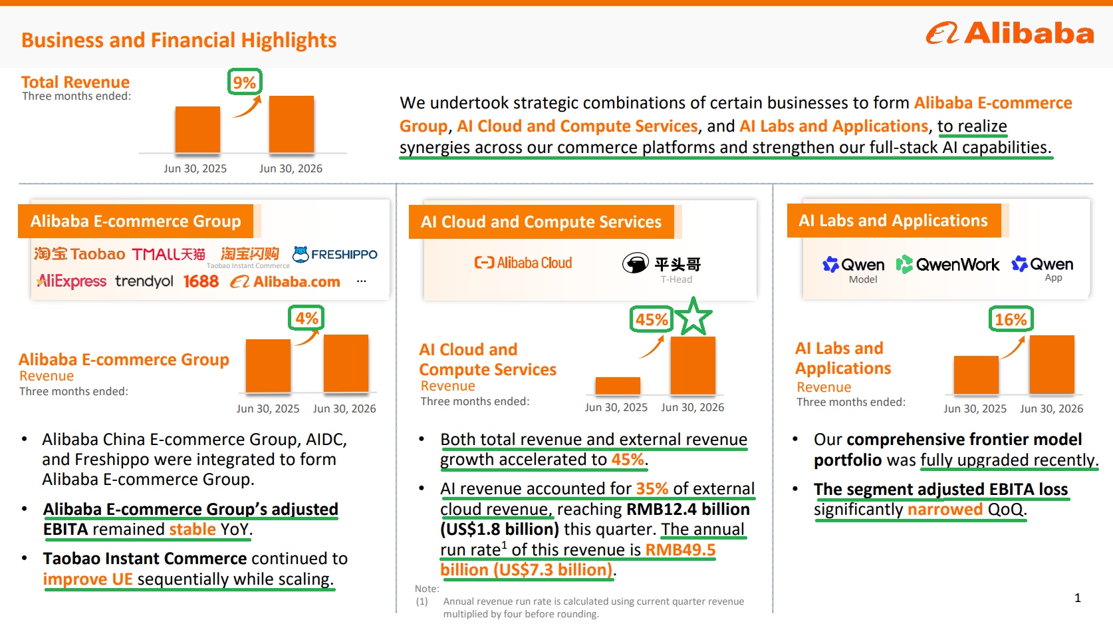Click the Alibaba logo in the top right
click(x=1010, y=33)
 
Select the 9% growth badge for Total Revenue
click(x=245, y=82)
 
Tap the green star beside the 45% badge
click(x=693, y=316)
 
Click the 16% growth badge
click(x=1011, y=319)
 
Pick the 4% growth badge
click(x=306, y=318)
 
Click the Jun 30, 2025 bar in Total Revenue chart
click(x=197, y=129)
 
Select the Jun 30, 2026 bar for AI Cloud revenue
click(x=693, y=365)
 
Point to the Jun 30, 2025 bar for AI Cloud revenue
click(x=618, y=386)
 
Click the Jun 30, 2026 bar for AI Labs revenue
click(x=1052, y=365)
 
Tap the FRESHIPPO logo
click(x=335, y=254)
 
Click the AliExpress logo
click(x=72, y=281)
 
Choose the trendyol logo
click(x=144, y=281)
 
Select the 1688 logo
click(x=201, y=281)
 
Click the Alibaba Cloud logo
click(x=523, y=263)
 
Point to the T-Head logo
click(x=662, y=267)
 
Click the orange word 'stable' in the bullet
click(x=192, y=529)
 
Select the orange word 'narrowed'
click(x=945, y=509)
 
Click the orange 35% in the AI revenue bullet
click(x=652, y=489)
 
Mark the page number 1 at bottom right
click(x=1078, y=597)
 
